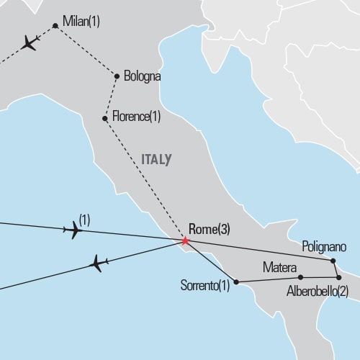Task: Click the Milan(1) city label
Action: [81, 22]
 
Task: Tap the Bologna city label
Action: [142, 76]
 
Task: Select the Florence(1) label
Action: [136, 116]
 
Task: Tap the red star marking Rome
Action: [185, 240]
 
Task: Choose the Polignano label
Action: [324, 247]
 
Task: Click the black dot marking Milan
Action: [55, 27]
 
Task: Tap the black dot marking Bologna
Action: [117, 76]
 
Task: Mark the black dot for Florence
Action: [105, 117]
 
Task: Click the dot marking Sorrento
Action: [236, 281]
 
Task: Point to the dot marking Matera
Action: [300, 277]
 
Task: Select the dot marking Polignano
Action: [333, 260]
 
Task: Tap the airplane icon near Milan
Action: [29, 43]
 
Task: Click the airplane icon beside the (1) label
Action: [73, 230]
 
